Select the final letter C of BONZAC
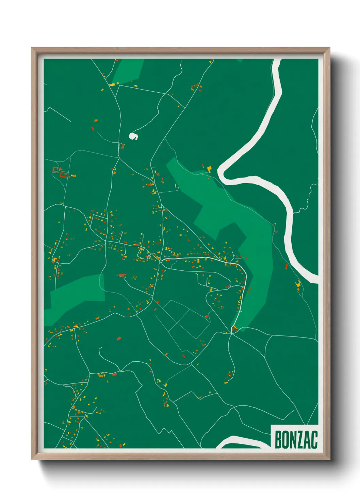point(314,440)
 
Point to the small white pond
point(133,136)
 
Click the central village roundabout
point(160,262)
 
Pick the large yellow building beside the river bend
point(209,169)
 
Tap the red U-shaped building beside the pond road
point(121,146)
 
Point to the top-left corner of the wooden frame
point(32,48)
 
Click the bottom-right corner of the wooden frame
point(329,459)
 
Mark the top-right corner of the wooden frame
point(329,48)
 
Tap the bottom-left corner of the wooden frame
point(32,459)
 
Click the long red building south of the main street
point(122,275)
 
